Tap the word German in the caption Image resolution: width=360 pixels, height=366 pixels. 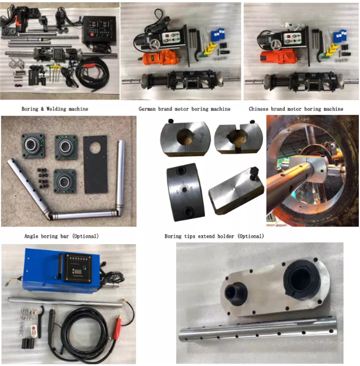tap(147, 109)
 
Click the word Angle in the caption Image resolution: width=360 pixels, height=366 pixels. tap(32, 236)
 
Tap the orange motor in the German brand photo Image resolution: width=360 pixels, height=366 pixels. tap(159, 58)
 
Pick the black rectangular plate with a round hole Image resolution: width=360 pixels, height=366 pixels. tap(96, 164)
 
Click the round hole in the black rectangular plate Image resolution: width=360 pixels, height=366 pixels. tap(95, 147)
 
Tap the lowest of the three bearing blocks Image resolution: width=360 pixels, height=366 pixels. tap(65, 181)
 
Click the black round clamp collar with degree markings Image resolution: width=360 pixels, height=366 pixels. tap(186, 192)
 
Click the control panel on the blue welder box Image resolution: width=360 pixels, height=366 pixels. tap(78, 268)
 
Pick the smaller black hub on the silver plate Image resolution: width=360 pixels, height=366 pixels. tap(236, 294)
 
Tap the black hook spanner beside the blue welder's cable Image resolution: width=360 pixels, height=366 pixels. tap(40, 321)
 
